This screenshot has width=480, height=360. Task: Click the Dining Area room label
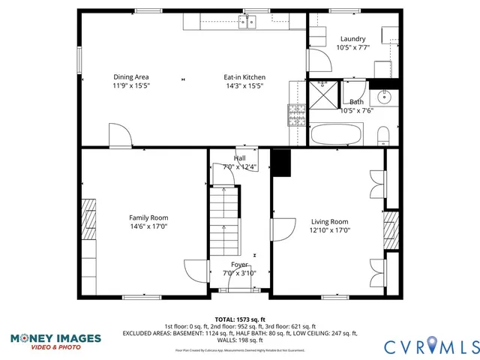click(x=131, y=77)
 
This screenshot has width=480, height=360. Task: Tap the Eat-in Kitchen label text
click(x=244, y=77)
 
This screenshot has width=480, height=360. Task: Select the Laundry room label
click(x=352, y=39)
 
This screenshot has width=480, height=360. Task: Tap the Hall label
click(x=239, y=158)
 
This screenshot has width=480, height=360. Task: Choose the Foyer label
click(x=239, y=265)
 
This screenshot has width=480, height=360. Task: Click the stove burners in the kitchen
click(x=295, y=115)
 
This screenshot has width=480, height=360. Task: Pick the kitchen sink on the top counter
click(x=250, y=22)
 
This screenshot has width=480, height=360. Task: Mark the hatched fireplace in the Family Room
click(x=89, y=218)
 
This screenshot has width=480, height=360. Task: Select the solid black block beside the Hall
click(x=281, y=163)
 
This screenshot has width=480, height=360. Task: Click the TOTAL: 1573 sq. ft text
click(x=240, y=319)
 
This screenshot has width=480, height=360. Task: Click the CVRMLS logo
click(x=431, y=346)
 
